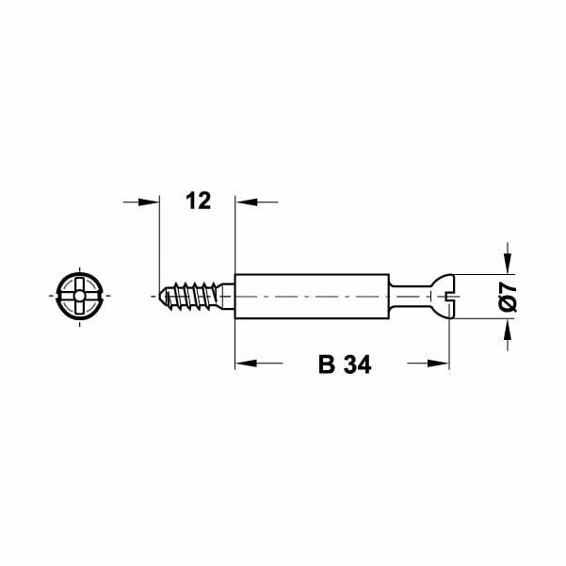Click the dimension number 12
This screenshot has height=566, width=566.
[198, 201]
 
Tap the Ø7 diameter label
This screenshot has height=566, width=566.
[508, 297]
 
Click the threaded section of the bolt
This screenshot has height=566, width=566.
[193, 296]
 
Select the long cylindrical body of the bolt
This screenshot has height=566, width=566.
[311, 296]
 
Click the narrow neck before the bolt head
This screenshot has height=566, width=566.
[407, 296]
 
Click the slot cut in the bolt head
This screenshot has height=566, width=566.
[448, 296]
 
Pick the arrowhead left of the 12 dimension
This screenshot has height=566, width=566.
[150, 201]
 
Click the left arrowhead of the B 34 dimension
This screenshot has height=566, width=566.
[244, 363]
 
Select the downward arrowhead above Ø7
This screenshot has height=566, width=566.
[508, 265]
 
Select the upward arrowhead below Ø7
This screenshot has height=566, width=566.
[508, 328]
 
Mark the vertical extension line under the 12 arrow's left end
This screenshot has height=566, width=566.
[159, 245]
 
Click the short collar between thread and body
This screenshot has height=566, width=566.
[228, 296]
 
